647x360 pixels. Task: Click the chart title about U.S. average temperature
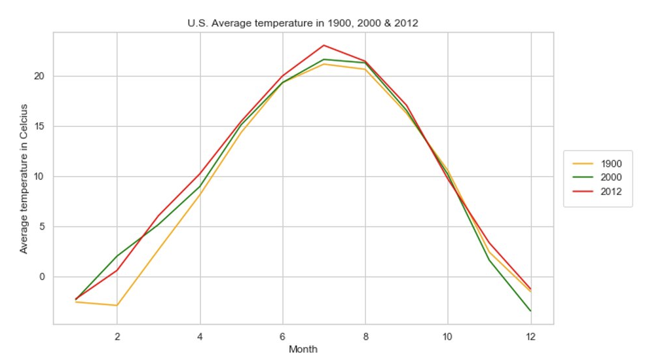[x=303, y=23]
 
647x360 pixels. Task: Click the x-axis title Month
[x=303, y=349]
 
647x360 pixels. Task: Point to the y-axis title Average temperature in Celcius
[x=24, y=178]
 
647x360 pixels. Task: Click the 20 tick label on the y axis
[x=40, y=76]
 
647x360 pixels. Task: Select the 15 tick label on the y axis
[x=40, y=126]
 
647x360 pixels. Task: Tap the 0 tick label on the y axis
[x=43, y=277]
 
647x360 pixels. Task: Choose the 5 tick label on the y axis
[x=43, y=226]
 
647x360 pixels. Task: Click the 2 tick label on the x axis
[x=117, y=336]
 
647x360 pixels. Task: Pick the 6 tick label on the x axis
[x=282, y=336]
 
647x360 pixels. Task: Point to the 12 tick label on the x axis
[x=530, y=336]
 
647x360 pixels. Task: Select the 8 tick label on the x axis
[x=365, y=336]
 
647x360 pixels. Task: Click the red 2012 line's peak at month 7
[x=323, y=45]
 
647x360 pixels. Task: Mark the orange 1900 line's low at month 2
[x=117, y=305]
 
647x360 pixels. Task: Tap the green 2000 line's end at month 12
[x=530, y=311]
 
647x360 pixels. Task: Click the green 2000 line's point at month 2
[x=117, y=256]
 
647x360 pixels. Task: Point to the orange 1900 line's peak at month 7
[x=323, y=63]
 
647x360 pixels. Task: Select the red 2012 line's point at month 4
[x=200, y=173]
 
